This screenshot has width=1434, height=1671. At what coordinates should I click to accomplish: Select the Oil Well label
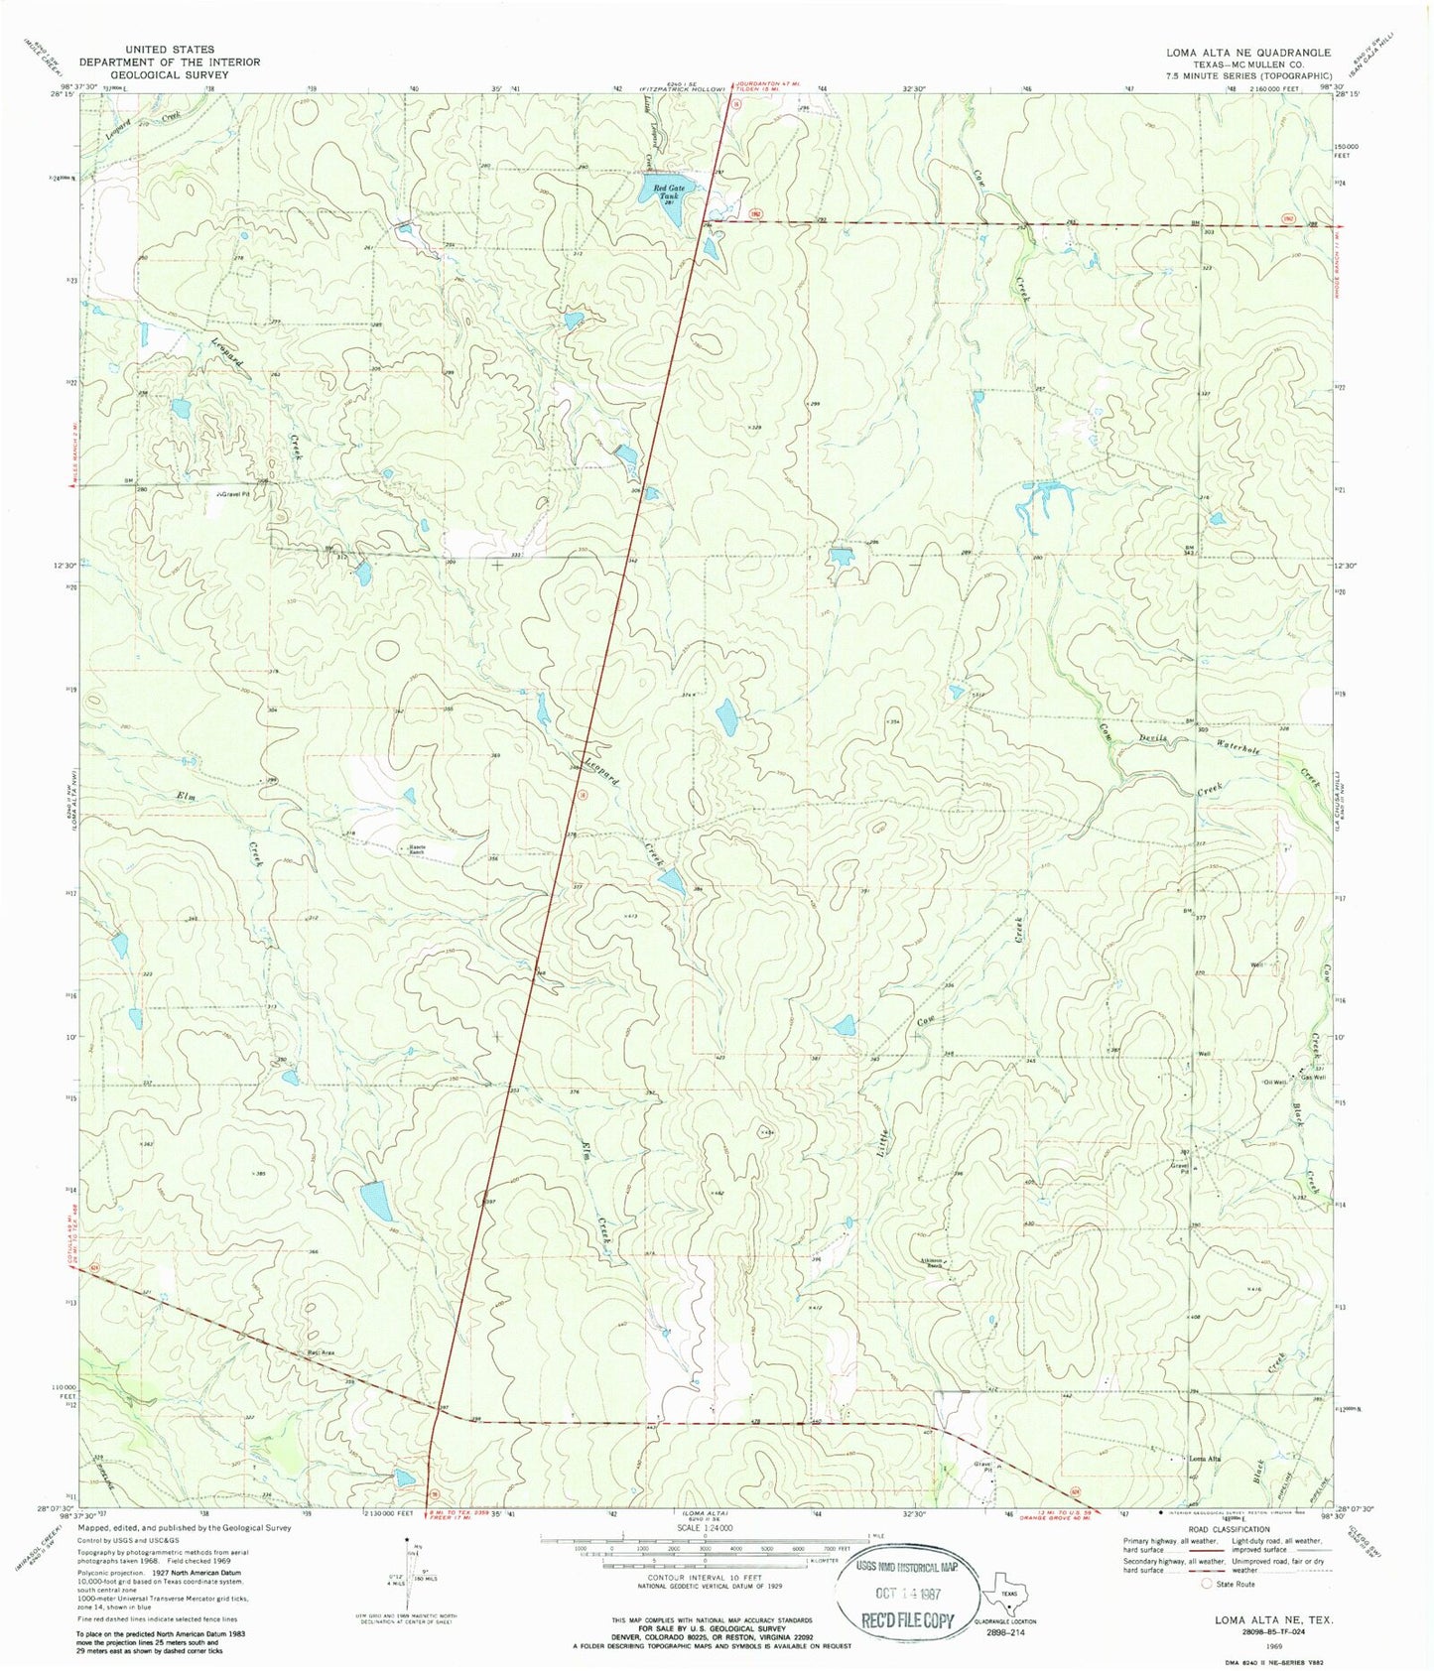(1274, 1082)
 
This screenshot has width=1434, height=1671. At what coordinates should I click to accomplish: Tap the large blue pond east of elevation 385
(376, 1201)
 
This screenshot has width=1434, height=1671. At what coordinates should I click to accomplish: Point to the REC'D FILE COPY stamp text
(898, 1620)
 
